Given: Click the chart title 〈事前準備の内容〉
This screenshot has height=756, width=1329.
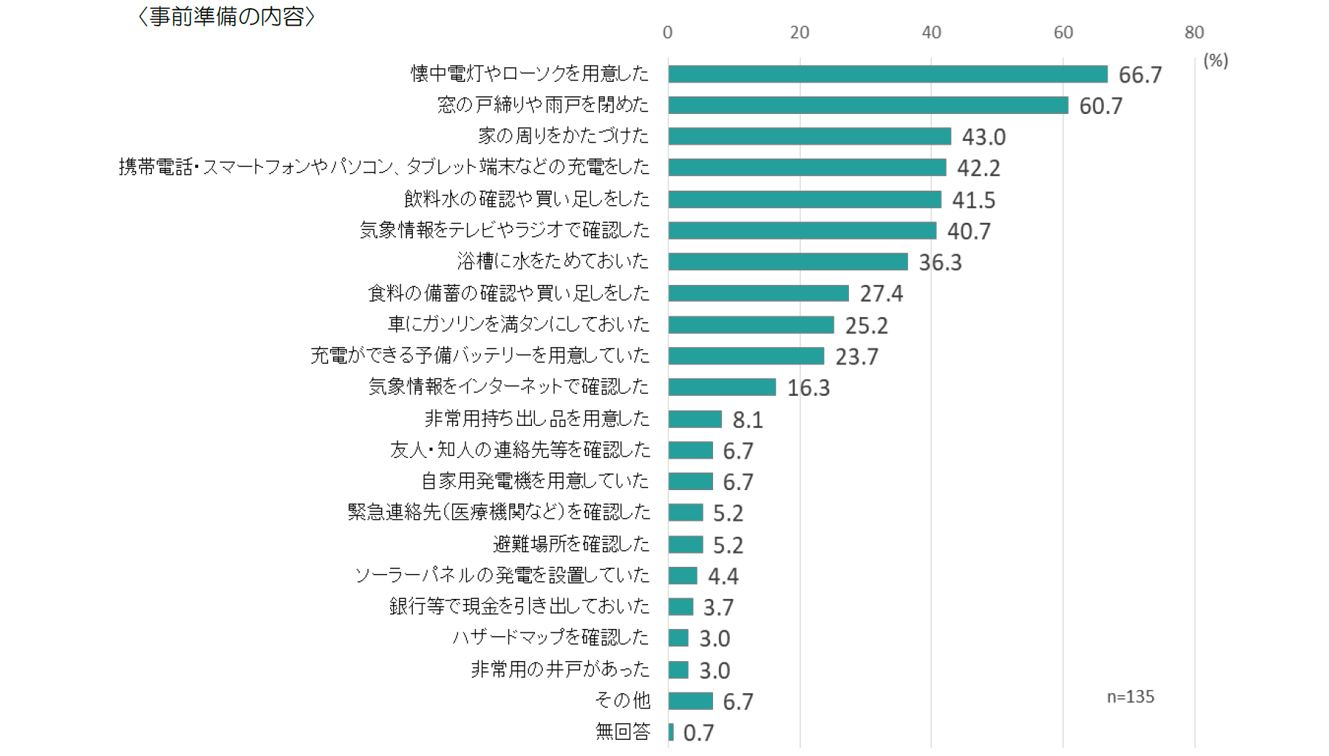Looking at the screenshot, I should click(226, 17).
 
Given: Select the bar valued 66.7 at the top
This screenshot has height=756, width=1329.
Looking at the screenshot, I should click(887, 75).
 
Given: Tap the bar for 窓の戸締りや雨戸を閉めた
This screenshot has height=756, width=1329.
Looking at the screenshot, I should click(867, 105).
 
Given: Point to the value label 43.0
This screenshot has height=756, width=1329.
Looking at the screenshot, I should click(983, 137).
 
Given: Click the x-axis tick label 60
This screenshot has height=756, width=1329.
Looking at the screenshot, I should click(1062, 33).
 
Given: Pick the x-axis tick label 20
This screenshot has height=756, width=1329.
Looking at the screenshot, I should click(799, 33).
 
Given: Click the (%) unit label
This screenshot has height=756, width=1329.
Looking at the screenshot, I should click(1215, 61).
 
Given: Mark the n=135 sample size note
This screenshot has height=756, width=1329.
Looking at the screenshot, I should click(1130, 697).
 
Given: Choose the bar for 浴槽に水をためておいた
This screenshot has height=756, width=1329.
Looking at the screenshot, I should click(788, 261).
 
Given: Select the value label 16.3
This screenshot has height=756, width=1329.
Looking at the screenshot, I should click(808, 388).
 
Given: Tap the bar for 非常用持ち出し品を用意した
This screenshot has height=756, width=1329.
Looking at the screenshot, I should click(695, 419).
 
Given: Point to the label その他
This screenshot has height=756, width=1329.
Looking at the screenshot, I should click(622, 700).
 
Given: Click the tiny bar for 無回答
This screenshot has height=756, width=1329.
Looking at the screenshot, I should click(671, 732).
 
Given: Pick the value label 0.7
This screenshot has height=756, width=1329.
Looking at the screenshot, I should click(698, 733).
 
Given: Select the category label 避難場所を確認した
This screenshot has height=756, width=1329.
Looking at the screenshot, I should click(571, 544).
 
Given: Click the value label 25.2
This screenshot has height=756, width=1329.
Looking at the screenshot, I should click(867, 326).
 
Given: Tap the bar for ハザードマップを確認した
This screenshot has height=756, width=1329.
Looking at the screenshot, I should click(678, 638).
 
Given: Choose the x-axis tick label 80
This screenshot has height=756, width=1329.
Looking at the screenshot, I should click(1194, 33).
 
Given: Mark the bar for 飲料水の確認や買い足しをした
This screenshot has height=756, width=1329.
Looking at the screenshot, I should click(804, 199).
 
